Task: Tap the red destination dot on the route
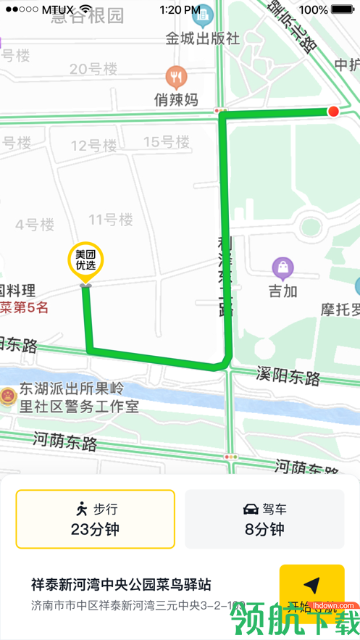332,111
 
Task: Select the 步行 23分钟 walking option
96,519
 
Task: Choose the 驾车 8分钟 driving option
264,519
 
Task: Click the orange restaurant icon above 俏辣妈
176,76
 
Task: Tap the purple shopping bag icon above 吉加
282,269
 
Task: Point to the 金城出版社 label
202,38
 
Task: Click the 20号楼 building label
93,69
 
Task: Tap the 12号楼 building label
93,146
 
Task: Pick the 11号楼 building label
111,219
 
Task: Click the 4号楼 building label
35,225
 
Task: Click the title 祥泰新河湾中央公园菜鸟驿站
121,584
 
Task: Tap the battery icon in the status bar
343,9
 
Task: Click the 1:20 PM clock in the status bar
180,9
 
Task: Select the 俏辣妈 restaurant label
176,100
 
